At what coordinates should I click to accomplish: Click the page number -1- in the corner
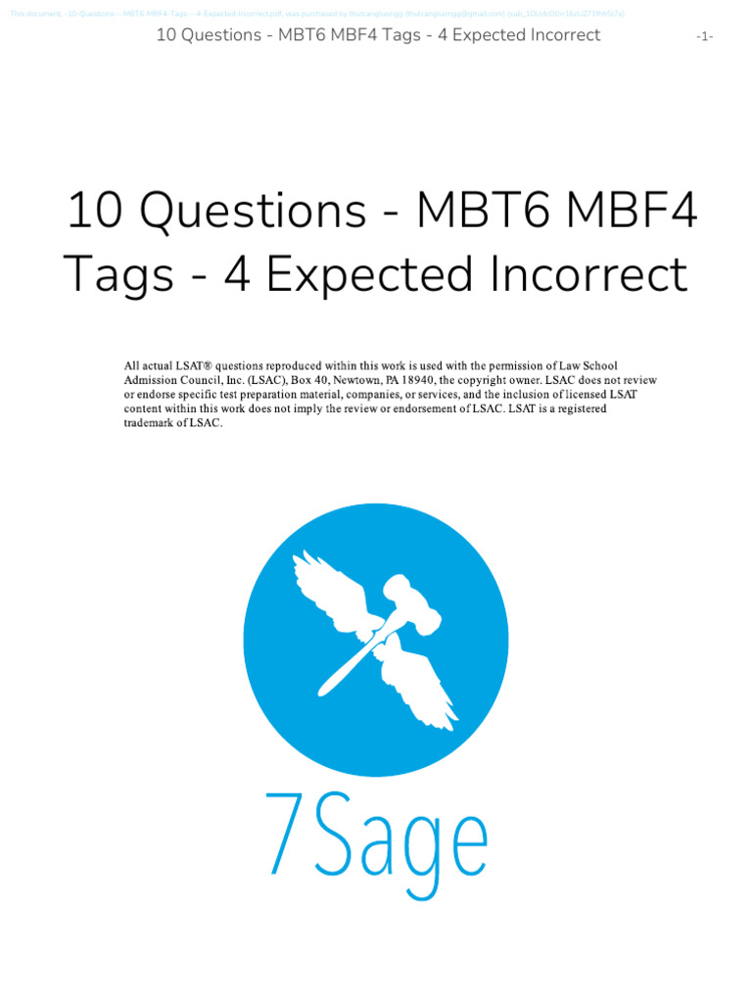705,36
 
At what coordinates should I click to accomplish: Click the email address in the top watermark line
455,14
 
